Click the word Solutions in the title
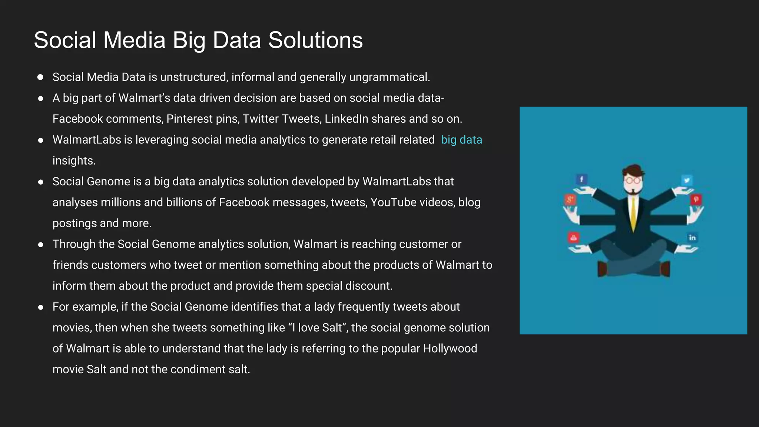(315, 40)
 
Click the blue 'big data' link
(461, 140)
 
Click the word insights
(74, 160)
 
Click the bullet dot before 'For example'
(41, 307)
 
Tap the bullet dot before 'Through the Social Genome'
(41, 245)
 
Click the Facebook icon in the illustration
(581, 179)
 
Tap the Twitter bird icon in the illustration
(687, 180)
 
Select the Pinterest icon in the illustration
(696, 199)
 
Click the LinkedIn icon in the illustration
(692, 238)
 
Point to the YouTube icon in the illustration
(573, 238)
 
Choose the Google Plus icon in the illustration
(570, 200)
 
